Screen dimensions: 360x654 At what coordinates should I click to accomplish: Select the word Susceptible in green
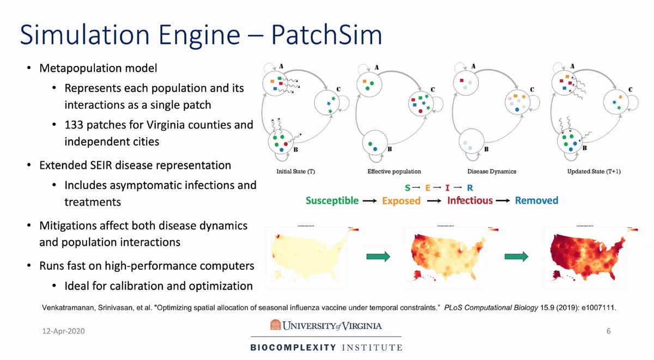pos(332,200)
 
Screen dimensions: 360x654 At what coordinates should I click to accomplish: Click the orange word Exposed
pos(401,200)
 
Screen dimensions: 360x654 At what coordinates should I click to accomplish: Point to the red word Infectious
pos(470,200)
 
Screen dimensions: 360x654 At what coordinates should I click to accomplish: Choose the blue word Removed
pos(536,200)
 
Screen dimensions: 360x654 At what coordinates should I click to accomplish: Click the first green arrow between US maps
pos(377,257)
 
